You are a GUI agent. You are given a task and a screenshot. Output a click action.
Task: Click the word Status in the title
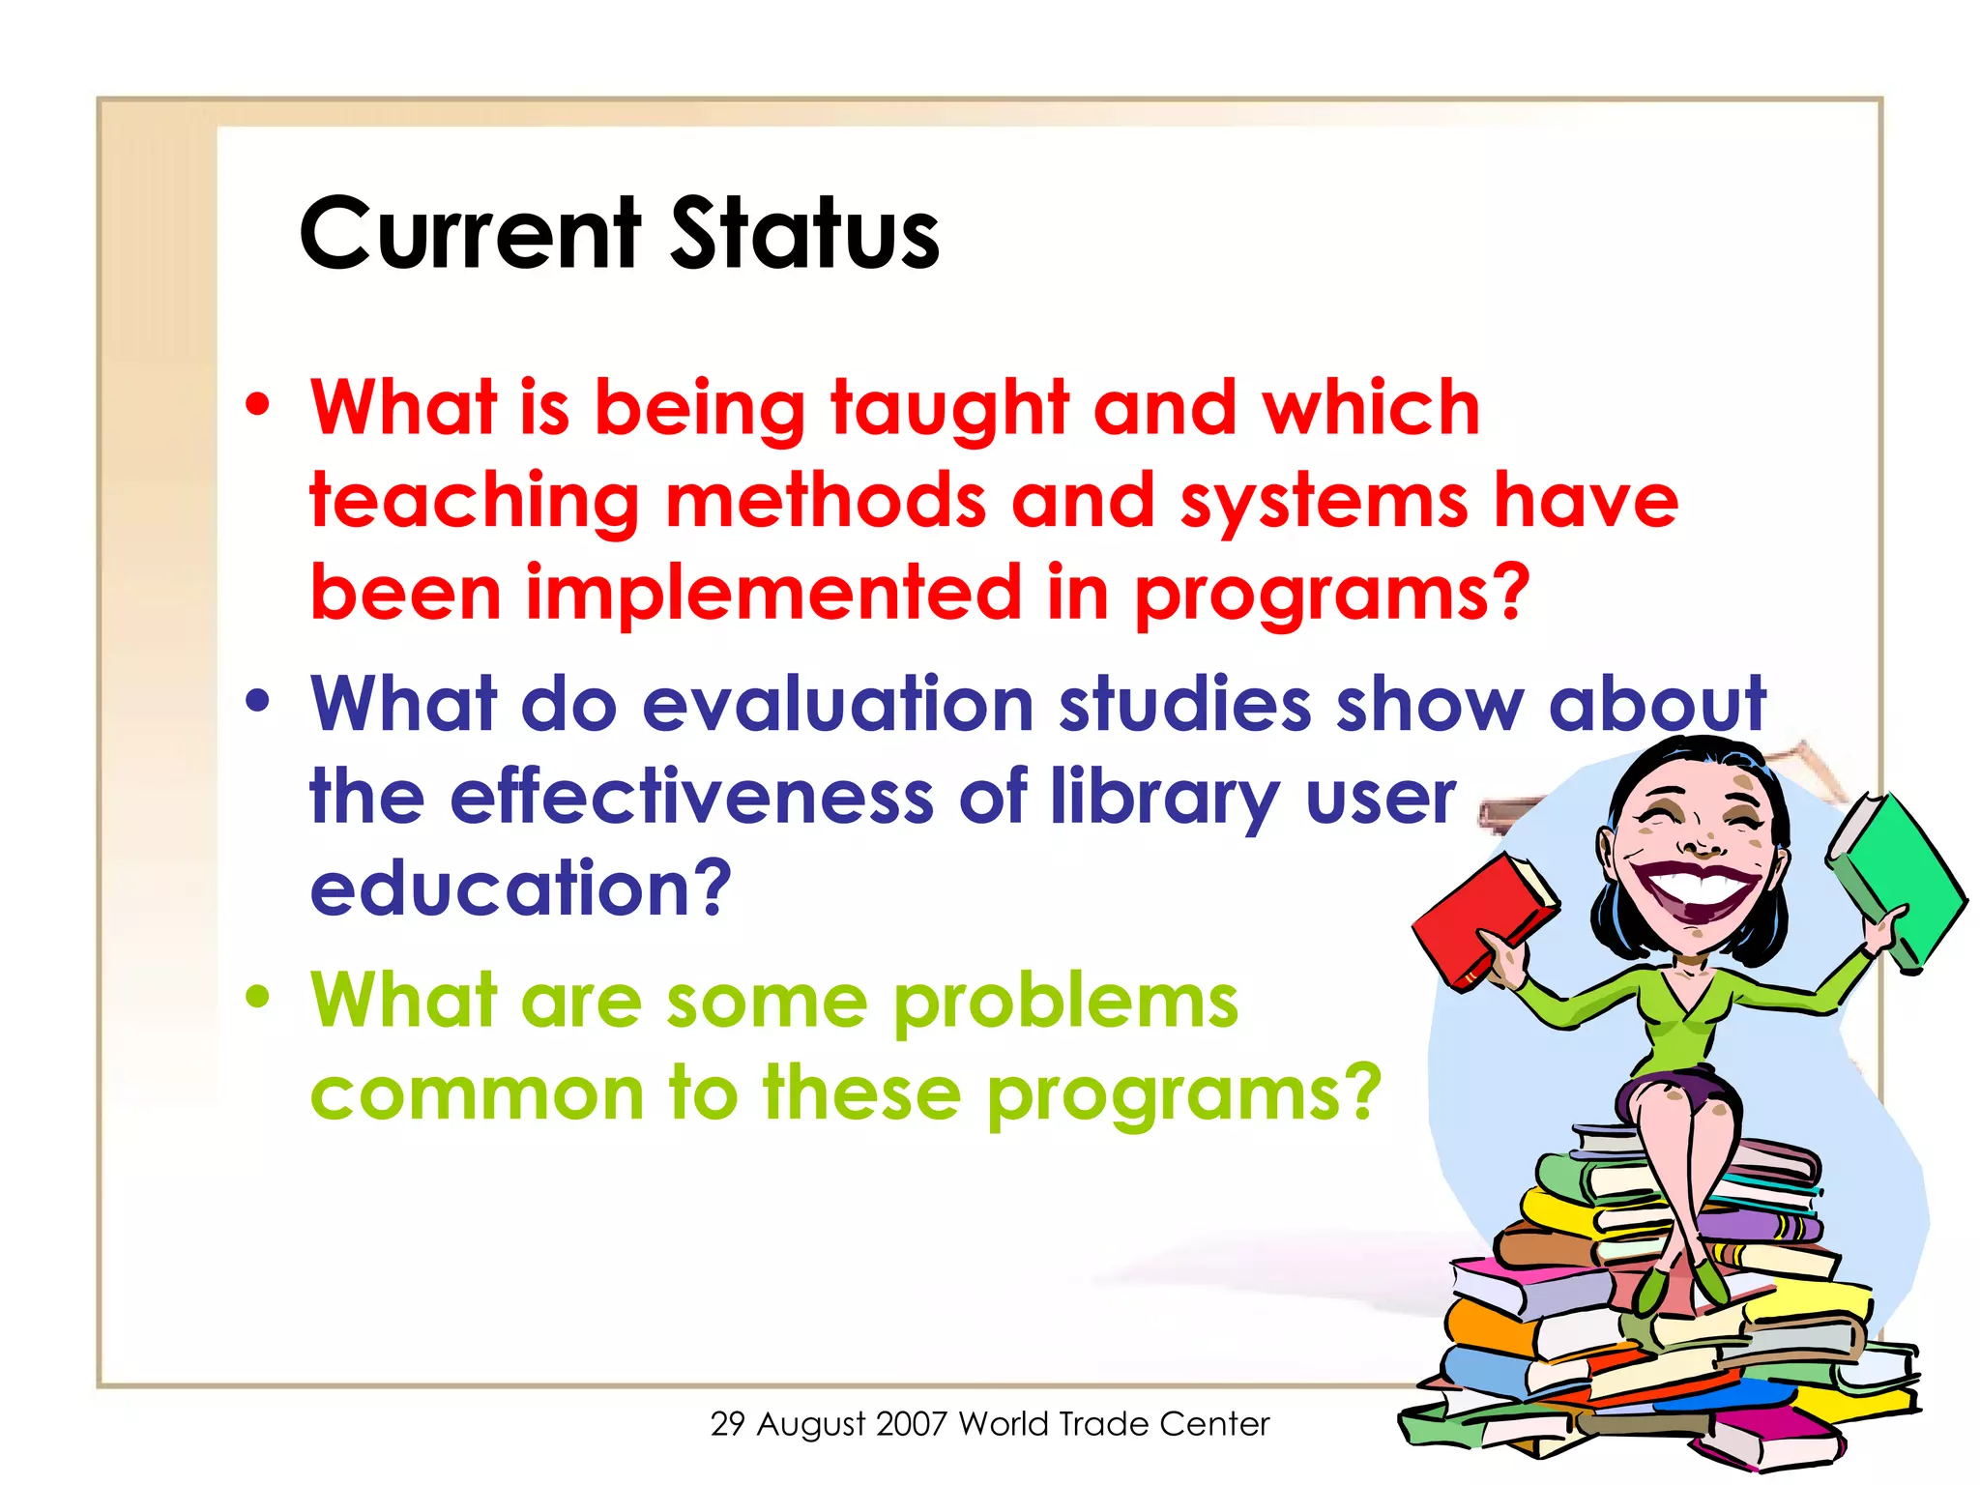[804, 234]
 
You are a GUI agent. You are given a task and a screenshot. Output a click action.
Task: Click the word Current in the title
[470, 234]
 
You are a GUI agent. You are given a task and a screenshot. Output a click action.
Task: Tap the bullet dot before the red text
[257, 406]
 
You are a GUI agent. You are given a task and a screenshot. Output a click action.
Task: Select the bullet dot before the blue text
[257, 701]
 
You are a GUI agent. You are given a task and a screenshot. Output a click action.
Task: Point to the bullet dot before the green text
[257, 997]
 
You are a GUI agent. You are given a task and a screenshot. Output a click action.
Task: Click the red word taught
[949, 410]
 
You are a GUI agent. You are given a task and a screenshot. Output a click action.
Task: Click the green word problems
[1064, 1003]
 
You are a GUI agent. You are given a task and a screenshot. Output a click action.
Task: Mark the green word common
[477, 1094]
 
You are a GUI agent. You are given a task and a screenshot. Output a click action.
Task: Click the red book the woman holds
[1479, 918]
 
